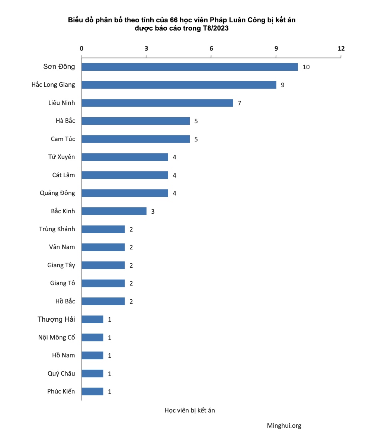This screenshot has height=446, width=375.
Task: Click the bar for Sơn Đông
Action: coord(189,67)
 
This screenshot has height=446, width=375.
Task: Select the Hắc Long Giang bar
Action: coord(179,85)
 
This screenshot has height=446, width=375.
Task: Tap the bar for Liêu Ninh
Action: coord(157,103)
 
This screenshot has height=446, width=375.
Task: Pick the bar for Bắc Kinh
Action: coord(114,211)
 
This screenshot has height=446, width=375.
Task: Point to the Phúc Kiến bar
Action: coord(92,391)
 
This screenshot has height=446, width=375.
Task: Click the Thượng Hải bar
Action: coord(92,319)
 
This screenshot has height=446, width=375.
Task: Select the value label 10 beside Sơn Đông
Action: coord(306,67)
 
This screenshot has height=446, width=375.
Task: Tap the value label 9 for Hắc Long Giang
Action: coord(283,85)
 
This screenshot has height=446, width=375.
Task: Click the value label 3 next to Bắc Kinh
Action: coord(153,211)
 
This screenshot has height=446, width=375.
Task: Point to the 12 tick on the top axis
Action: coord(341,48)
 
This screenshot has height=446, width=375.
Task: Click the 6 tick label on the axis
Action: coord(211,48)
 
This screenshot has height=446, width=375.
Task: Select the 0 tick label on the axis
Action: coord(81,48)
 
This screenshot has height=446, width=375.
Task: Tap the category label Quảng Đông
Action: coord(57,193)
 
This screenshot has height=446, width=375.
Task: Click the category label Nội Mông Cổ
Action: coord(57,337)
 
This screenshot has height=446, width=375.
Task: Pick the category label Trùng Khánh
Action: coord(57,229)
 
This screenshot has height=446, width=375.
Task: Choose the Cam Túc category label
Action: coord(63,139)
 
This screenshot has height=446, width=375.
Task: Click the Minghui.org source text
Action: coord(284,426)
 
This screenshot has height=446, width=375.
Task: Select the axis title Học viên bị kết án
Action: coord(190,410)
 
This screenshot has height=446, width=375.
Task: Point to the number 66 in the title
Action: coord(174,20)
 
